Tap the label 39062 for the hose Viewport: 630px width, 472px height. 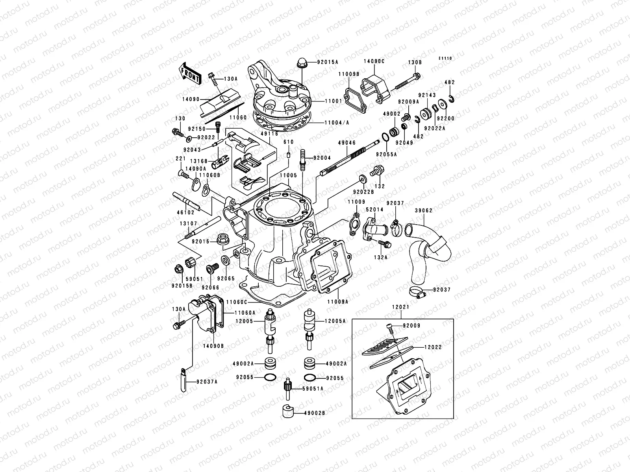(424, 210)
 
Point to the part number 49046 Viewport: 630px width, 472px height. (346, 143)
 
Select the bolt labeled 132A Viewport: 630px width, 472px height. (385, 245)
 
